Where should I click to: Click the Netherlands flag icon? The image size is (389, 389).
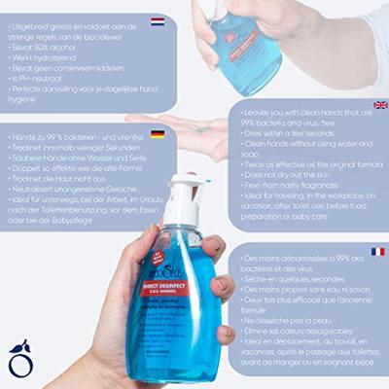click(x=158, y=20)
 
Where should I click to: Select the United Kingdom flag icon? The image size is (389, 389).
click(x=379, y=105)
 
